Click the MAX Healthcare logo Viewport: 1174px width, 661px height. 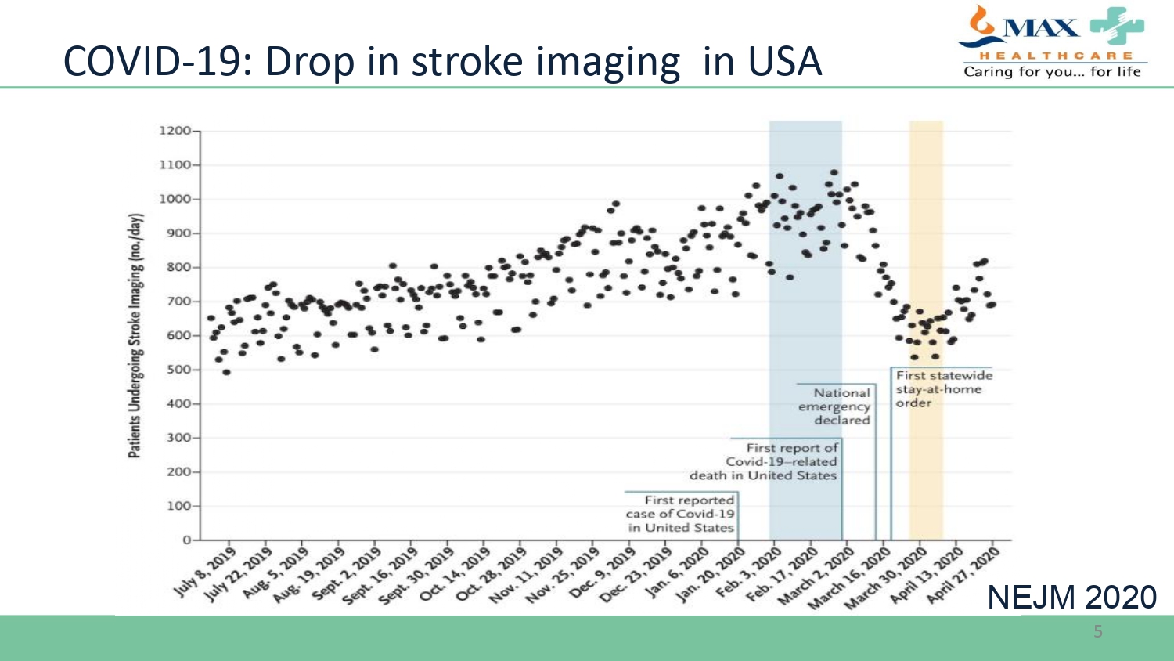coord(1053,42)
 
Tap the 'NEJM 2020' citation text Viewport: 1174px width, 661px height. coord(1071,598)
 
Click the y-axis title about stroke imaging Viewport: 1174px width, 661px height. coord(135,335)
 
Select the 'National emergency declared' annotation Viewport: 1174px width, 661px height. coord(836,406)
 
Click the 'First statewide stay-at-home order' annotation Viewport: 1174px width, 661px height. coord(942,389)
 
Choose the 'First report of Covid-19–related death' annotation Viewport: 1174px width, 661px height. coord(765,461)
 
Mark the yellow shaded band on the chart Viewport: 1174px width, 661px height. coord(926,235)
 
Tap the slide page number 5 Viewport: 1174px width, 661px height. coord(1098,632)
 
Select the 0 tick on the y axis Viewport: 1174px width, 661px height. coord(187,540)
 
